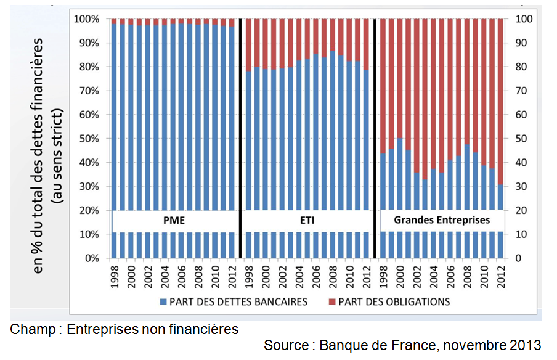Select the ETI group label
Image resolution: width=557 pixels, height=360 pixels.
click(x=306, y=219)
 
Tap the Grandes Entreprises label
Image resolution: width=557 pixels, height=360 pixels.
click(x=442, y=219)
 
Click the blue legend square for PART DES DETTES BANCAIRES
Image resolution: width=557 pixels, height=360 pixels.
click(x=163, y=302)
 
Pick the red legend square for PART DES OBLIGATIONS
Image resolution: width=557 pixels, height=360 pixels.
click(x=333, y=302)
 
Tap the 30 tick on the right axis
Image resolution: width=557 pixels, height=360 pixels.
click(x=521, y=186)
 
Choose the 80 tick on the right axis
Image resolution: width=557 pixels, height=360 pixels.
click(x=521, y=67)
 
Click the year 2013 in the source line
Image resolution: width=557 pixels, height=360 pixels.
click(x=525, y=345)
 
